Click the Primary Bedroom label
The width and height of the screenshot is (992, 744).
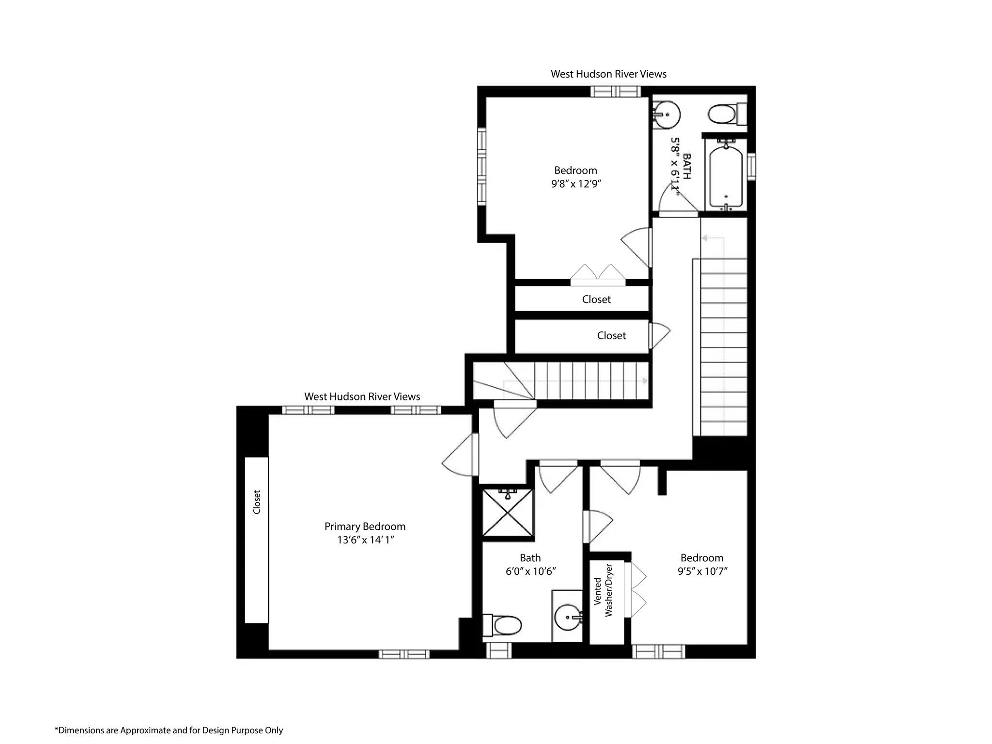point(365,526)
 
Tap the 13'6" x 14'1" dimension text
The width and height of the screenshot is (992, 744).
point(366,540)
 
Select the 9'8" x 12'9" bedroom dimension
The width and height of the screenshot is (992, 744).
point(576,184)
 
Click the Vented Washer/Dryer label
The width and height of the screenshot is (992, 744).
point(603,590)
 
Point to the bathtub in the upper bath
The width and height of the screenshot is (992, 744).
point(726,177)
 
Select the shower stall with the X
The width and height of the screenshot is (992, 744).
point(508,513)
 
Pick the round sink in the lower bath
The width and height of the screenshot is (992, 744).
point(568,617)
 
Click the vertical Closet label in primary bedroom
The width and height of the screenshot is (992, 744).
point(257,502)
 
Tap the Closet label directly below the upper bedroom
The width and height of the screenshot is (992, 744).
point(596,300)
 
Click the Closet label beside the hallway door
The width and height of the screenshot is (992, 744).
point(611,336)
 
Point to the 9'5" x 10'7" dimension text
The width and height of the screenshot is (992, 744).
point(702,571)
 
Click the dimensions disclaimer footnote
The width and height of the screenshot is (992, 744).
point(169,730)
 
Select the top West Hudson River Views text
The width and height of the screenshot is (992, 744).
point(608,74)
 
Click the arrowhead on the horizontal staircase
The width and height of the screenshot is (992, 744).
point(645,381)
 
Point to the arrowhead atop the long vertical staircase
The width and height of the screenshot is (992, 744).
point(705,238)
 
